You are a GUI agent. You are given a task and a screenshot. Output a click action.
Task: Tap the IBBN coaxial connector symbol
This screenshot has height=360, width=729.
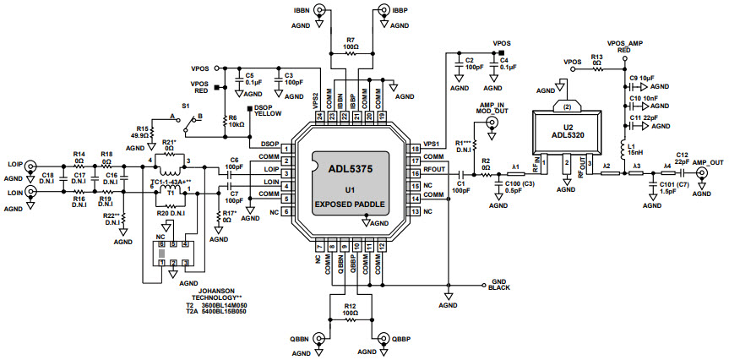[x=322, y=12]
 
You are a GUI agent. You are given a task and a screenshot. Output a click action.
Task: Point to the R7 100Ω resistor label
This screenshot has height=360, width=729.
[x=351, y=43]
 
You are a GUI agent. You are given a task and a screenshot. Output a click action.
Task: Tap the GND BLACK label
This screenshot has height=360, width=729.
[x=500, y=285]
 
